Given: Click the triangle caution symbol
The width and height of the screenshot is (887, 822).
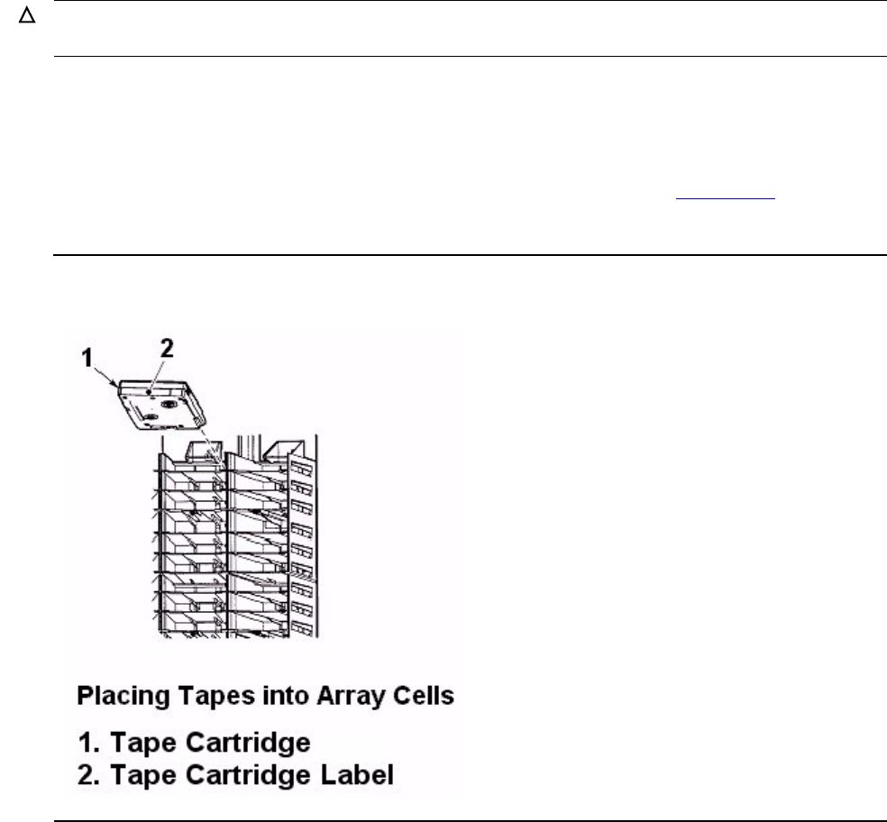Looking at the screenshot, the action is pos(27,16).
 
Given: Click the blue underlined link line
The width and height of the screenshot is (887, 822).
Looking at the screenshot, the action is pos(726,198).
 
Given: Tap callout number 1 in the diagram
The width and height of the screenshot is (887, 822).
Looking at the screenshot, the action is pos(87,358).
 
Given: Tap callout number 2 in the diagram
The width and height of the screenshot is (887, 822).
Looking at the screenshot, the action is pos(166,349).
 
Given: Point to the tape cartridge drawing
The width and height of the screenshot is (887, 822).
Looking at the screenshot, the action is pos(161,405).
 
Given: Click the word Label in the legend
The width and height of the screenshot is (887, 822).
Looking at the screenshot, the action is pos(357,775).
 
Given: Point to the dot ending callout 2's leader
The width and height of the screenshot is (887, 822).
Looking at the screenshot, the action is pos(149,391).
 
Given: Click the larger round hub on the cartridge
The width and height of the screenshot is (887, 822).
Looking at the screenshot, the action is pos(168,404).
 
